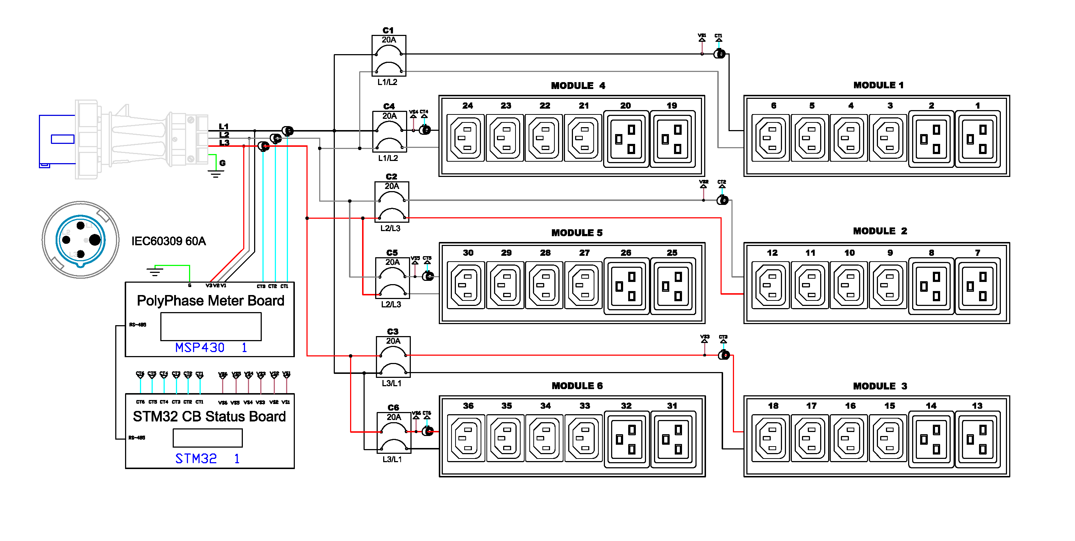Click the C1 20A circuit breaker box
389,56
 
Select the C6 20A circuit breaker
393,433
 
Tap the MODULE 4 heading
578,85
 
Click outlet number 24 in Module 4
466,138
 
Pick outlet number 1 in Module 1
977,138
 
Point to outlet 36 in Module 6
466,438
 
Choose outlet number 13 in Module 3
977,438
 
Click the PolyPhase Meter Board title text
210,301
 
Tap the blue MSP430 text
200,347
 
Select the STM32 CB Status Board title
209,416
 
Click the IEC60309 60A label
169,241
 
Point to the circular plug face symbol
81,240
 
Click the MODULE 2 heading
880,231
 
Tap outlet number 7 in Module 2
977,285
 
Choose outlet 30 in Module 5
466,285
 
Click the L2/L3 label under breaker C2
390,228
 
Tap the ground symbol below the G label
215,174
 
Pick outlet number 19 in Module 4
672,138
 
